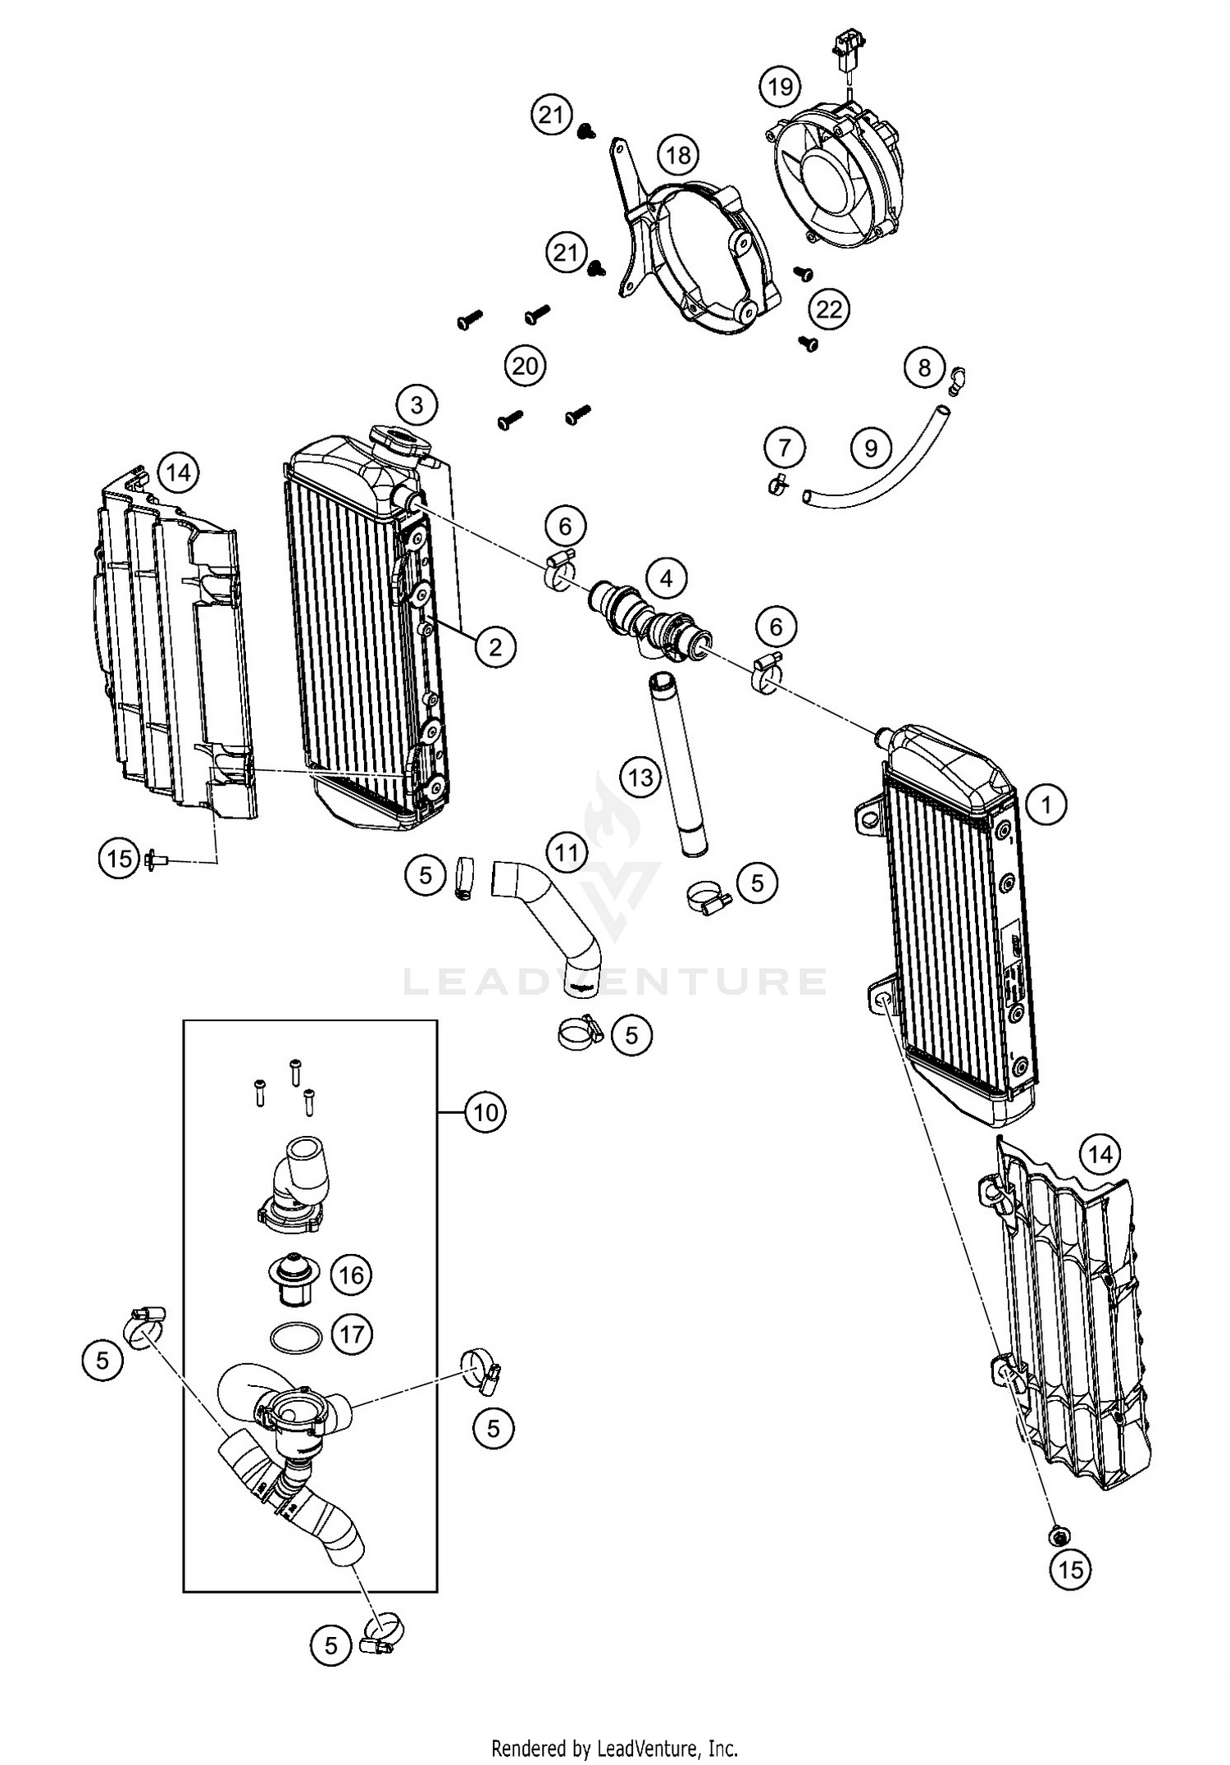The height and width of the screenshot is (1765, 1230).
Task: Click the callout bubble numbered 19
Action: (x=779, y=86)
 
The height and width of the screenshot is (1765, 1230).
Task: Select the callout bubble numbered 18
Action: (x=678, y=154)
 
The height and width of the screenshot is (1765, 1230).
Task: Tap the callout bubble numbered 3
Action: (x=417, y=404)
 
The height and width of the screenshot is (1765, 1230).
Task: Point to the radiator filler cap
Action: (x=400, y=439)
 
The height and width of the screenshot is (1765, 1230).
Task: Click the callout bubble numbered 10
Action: (x=485, y=1113)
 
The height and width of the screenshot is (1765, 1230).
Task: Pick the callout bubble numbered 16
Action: (x=351, y=1275)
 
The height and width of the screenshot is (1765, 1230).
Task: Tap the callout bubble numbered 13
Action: (x=640, y=776)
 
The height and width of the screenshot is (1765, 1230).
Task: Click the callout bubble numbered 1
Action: (x=1045, y=805)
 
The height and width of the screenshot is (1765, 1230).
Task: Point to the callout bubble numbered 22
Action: (x=829, y=309)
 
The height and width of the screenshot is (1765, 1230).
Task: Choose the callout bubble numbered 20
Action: (x=525, y=364)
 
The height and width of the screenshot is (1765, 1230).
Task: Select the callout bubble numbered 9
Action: (x=871, y=448)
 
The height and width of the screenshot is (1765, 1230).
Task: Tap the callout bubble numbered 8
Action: (x=924, y=367)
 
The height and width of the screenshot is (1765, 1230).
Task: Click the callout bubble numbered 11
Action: (x=567, y=853)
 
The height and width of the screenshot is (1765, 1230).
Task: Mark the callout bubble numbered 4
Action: (x=666, y=579)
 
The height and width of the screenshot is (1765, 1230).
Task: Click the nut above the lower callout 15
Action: (x=1059, y=1534)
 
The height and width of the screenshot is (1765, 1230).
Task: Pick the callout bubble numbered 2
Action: (x=495, y=647)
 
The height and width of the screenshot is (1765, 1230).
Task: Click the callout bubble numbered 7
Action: (x=785, y=448)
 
